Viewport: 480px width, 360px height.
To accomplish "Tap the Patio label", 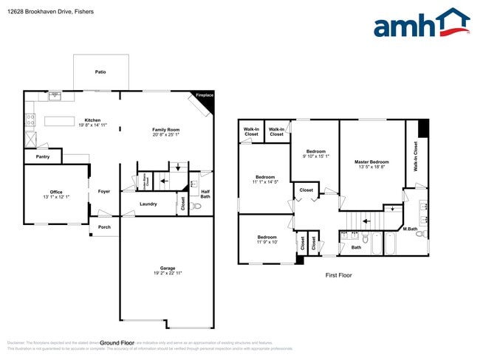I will pyautogui.click(x=100, y=72).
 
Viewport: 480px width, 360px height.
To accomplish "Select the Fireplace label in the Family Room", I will pyautogui.click(x=203, y=95).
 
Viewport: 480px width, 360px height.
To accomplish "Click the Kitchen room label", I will pyautogui.click(x=92, y=120).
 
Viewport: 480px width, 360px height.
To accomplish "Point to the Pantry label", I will pyautogui.click(x=42, y=156).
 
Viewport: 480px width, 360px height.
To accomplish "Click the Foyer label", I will pyautogui.click(x=104, y=191).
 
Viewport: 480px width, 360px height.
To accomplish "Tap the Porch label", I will pyautogui.click(x=104, y=227).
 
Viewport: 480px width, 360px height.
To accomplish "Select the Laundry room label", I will pyautogui.click(x=148, y=204).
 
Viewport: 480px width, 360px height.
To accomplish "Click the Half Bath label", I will pyautogui.click(x=205, y=193).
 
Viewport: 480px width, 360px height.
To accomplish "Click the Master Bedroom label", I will pyautogui.click(x=371, y=162).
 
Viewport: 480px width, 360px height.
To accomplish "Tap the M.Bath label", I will pyautogui.click(x=411, y=229).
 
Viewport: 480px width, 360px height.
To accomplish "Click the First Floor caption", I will pyautogui.click(x=339, y=275).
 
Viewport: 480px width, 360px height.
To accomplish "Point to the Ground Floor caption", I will pyautogui.click(x=117, y=343).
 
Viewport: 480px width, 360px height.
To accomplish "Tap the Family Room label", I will pyautogui.click(x=166, y=129).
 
